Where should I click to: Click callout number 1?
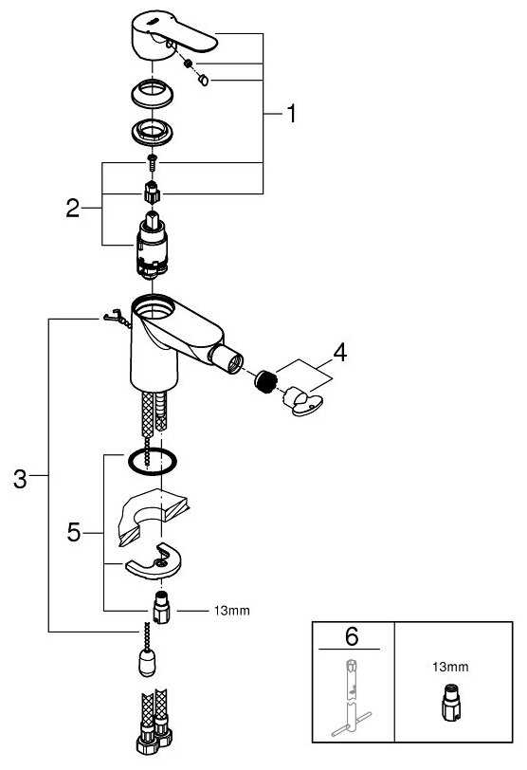coord(291,115)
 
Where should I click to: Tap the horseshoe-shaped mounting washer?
coord(153,561)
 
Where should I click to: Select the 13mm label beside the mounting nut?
coord(231,611)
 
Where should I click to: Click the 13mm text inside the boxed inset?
coord(456,668)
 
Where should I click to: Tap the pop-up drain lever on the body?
coord(113,319)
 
